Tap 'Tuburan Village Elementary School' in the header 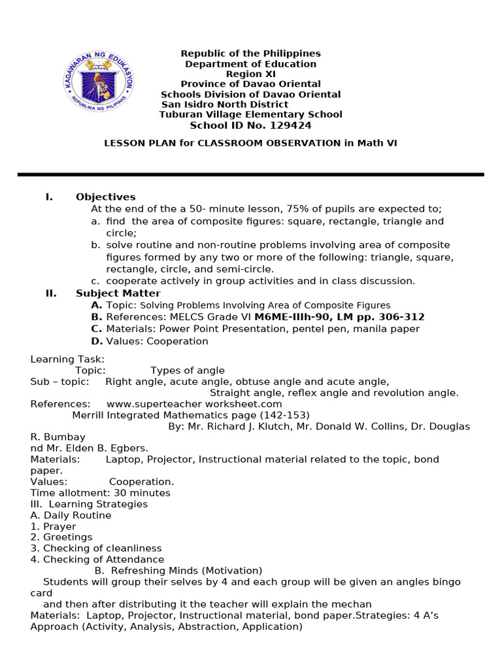(250, 114)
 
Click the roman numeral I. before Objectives (49, 197)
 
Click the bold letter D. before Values (97, 341)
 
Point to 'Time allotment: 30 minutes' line (100, 493)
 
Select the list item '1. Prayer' (53, 526)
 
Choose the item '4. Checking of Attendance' (97, 559)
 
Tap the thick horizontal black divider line (250, 174)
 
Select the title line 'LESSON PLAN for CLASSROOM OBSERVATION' (223, 143)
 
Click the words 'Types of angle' (187, 370)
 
